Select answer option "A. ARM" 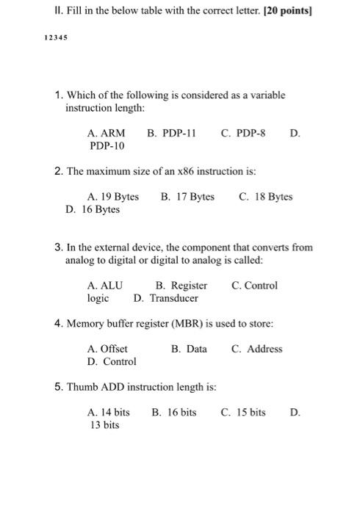(x=106, y=134)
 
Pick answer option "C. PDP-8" (x=243, y=134)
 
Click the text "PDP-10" (x=107, y=146)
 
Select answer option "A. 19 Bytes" (x=112, y=197)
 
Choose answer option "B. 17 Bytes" (x=187, y=197)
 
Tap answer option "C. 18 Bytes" (x=266, y=197)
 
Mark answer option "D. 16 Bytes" (x=93, y=209)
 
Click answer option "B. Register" (x=181, y=286)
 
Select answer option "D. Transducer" (x=166, y=298)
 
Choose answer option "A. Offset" (x=107, y=349)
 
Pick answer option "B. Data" (x=189, y=349)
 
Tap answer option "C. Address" (x=256, y=349)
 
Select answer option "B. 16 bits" (x=174, y=413)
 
